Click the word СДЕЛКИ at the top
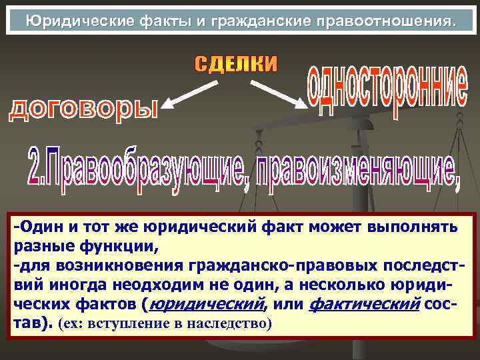(x=236, y=64)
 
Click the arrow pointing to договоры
(x=191, y=93)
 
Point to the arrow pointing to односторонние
(x=277, y=93)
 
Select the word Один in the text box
(x=38, y=228)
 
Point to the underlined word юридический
(x=207, y=305)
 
